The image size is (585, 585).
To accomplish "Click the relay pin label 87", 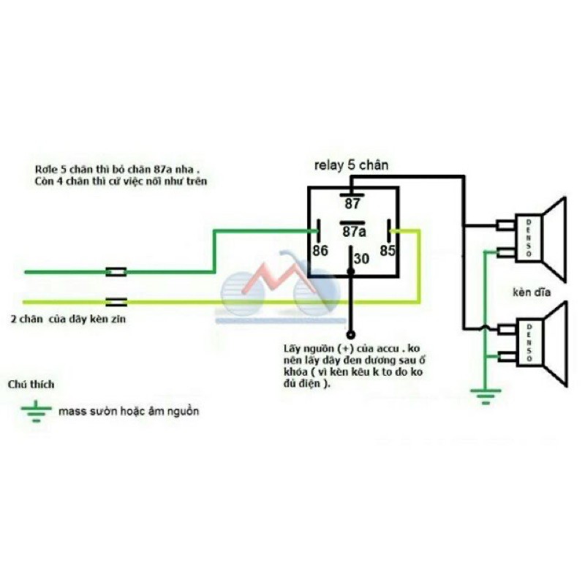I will click(352, 203).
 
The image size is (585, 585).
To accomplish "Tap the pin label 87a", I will click(352, 232).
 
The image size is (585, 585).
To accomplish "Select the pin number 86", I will click(320, 250).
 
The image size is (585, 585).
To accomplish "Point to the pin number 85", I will click(387, 250).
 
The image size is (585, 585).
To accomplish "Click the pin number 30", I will click(362, 258).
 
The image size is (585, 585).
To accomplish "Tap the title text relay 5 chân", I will click(351, 165).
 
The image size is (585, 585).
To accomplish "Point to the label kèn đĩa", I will click(531, 292).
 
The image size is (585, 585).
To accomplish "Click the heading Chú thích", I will click(30, 384).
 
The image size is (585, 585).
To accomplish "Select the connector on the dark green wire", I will click(116, 272).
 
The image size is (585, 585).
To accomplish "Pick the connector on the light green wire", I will click(116, 301).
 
